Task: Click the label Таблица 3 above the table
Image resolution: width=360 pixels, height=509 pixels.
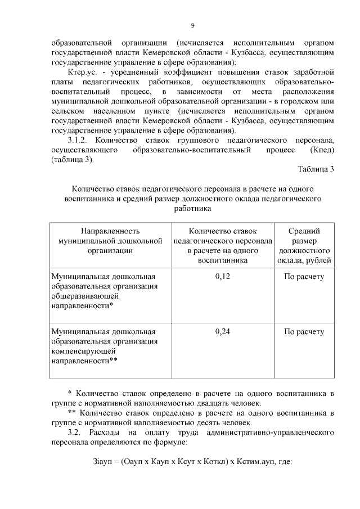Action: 316,170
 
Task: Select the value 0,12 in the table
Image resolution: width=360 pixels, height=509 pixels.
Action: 223,276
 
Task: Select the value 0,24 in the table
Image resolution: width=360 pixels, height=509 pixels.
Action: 223,331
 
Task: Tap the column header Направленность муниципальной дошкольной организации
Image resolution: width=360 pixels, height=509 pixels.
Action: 110,240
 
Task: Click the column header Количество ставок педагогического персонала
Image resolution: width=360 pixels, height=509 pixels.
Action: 223,246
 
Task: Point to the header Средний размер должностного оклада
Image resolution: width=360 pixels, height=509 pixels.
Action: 304,246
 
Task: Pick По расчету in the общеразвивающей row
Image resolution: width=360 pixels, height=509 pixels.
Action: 304,276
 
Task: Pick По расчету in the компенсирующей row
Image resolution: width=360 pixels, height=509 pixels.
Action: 304,331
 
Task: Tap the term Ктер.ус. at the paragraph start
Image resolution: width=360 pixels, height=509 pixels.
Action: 82,73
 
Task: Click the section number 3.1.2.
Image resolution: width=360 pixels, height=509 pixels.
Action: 78,139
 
